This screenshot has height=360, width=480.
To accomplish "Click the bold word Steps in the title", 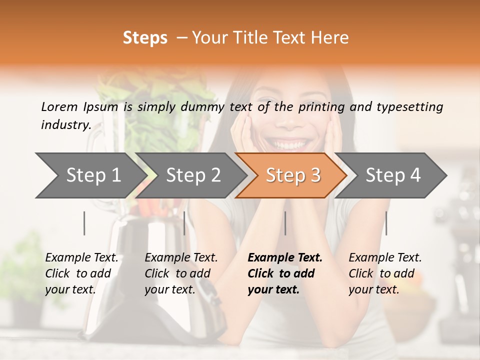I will tap(145, 38).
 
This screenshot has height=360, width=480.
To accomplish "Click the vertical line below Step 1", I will tap(84, 223).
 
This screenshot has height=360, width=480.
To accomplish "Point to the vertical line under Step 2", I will tap(184, 223).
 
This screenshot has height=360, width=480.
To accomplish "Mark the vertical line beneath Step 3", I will tap(285, 223).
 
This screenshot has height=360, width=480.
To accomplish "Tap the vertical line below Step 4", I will tap(386, 223).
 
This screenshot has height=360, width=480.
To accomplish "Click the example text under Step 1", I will tap(81, 273).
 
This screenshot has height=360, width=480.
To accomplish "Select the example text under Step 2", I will tap(181, 273).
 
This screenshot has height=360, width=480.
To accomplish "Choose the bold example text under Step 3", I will tap(285, 273).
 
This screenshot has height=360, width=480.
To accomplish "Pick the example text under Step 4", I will tap(385, 273).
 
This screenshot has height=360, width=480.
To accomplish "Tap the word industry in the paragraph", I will tap(65, 125).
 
